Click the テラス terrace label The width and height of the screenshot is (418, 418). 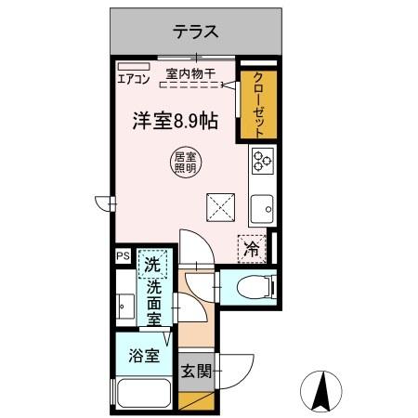click(195, 32)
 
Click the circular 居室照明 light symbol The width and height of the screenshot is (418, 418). click(184, 163)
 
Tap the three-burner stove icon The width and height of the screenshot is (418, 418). click(262, 161)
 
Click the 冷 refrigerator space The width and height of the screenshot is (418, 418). click(251, 248)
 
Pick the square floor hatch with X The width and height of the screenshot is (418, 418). click(219, 205)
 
